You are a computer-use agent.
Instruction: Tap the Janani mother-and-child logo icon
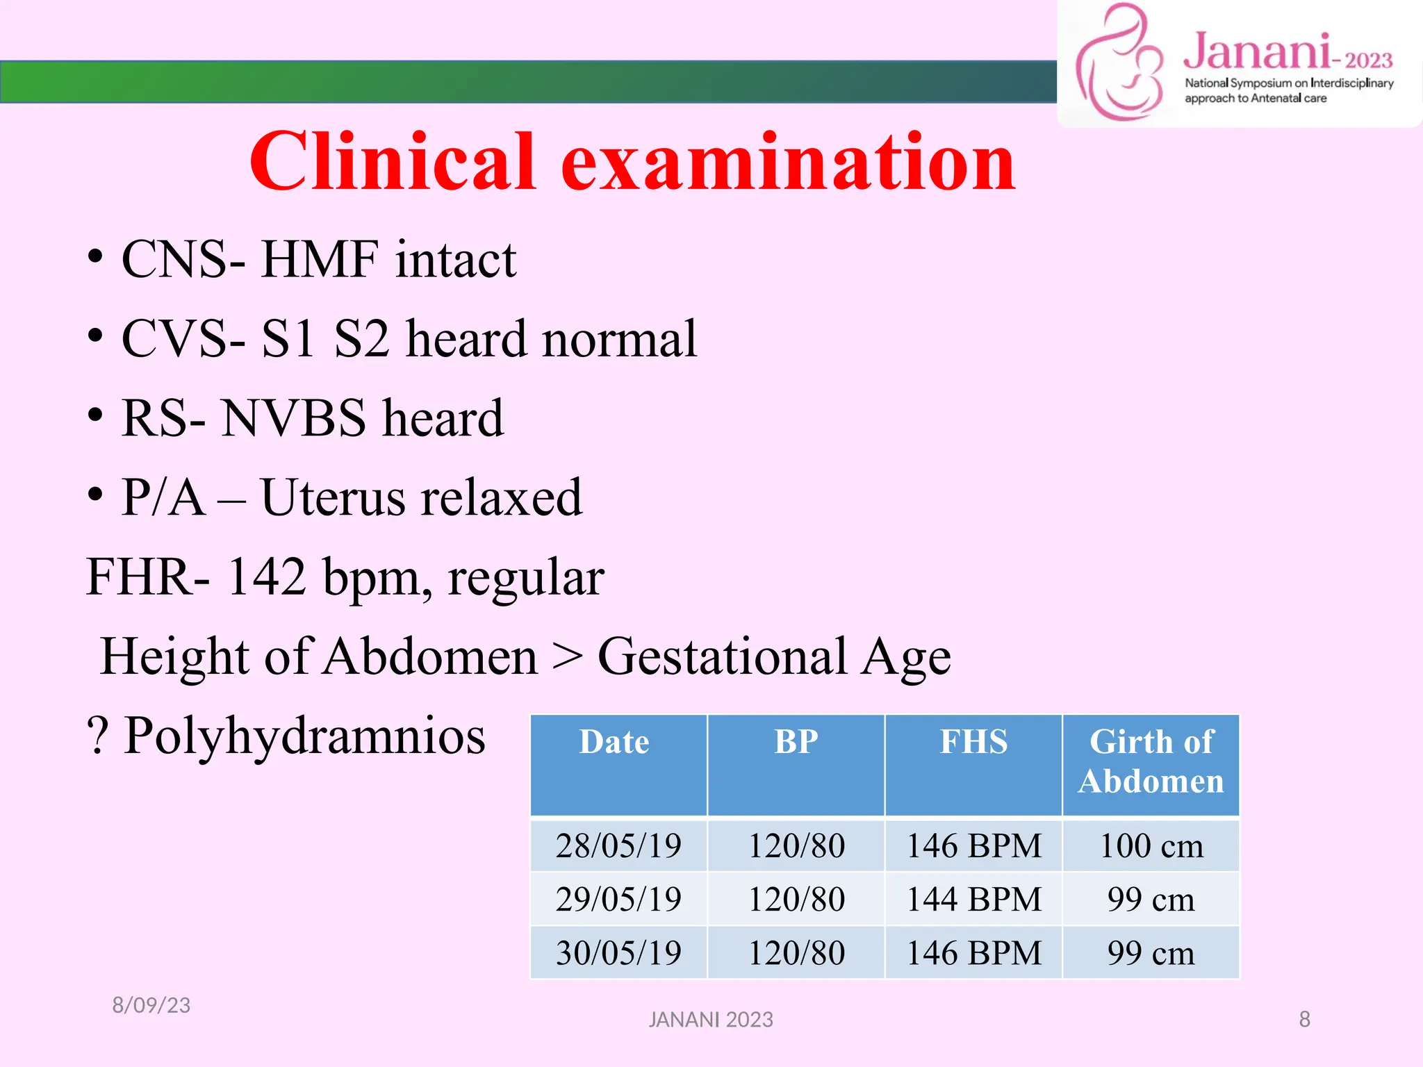point(1119,63)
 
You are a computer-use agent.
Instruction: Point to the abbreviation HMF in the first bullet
point(320,259)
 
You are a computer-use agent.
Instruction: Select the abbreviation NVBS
point(293,418)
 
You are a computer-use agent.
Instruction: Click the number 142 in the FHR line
point(267,577)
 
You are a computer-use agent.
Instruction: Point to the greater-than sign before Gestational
point(567,656)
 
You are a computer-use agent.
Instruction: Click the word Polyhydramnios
point(304,736)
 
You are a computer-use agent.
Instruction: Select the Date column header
point(615,742)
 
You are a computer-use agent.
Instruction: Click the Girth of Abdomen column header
point(1151,761)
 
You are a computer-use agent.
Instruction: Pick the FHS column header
point(973,742)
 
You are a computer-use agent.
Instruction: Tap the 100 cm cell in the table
point(1151,846)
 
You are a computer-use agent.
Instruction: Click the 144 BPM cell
point(973,900)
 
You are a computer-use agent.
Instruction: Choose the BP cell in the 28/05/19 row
point(796,846)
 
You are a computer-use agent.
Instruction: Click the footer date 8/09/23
point(151,1005)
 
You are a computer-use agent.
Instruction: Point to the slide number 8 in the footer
point(1304,1019)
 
